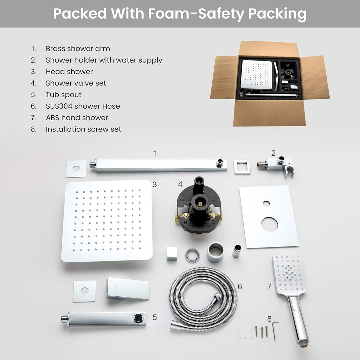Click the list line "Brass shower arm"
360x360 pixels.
78,49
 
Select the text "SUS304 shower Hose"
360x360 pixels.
83,106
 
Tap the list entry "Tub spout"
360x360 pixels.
64,95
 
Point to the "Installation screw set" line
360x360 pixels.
83,129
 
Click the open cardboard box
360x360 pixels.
270,84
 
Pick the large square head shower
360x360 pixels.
107,221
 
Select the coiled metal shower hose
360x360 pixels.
203,298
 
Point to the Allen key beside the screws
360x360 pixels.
275,330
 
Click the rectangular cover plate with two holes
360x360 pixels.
269,217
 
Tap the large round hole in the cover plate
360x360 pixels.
270,224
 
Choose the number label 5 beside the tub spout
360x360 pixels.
155,317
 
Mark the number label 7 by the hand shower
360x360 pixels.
269,287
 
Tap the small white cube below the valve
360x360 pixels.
172,254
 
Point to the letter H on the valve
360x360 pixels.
185,223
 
